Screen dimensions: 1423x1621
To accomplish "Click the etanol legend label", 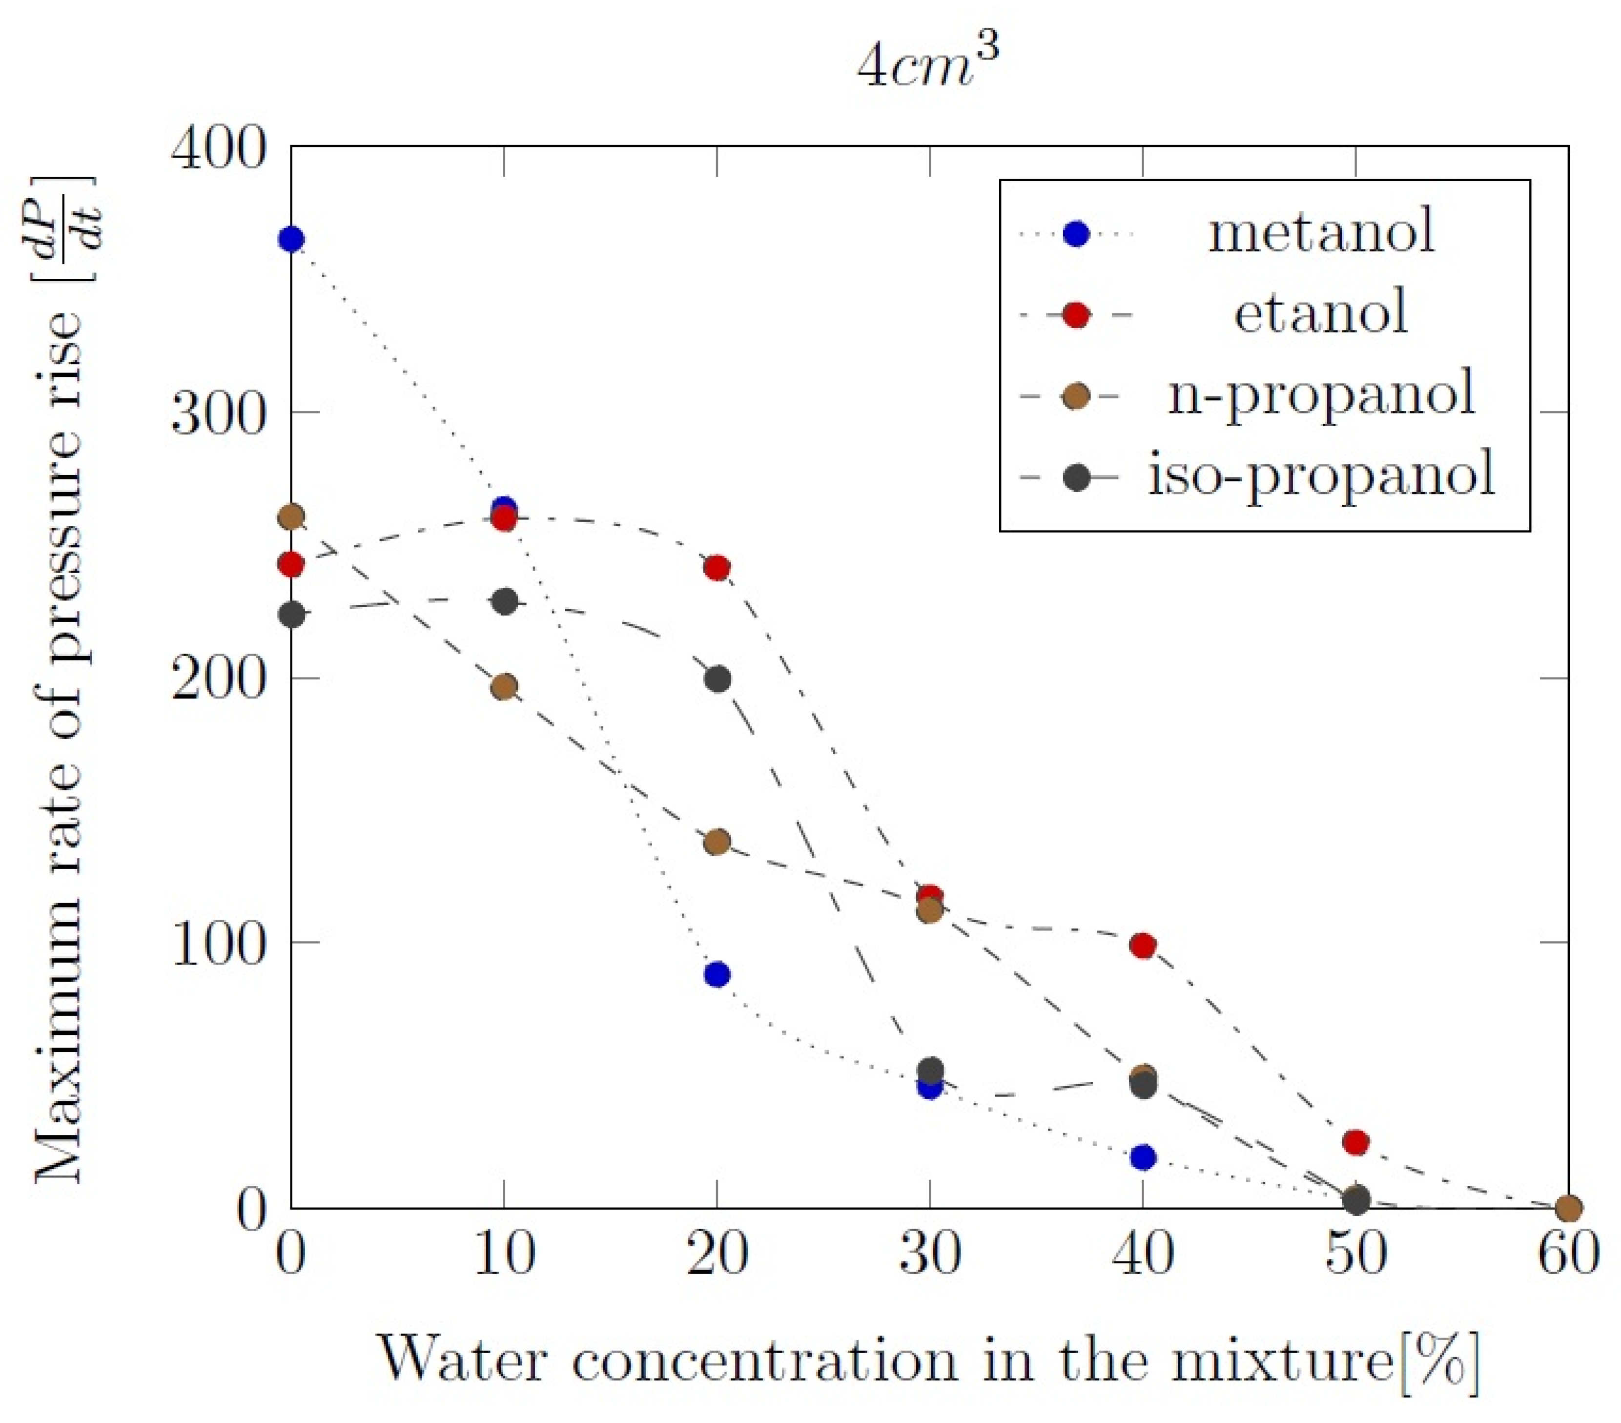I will coord(1320,313).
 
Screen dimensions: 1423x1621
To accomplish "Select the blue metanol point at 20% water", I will coord(717,974).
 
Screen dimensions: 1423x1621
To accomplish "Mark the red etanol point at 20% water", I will coord(717,567).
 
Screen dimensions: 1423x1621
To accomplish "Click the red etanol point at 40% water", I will coord(1143,946).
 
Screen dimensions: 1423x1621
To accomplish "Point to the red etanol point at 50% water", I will coord(1356,1141).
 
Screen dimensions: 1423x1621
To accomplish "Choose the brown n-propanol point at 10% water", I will coord(504,687).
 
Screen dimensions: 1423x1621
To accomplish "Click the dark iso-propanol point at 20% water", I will coord(718,679).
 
